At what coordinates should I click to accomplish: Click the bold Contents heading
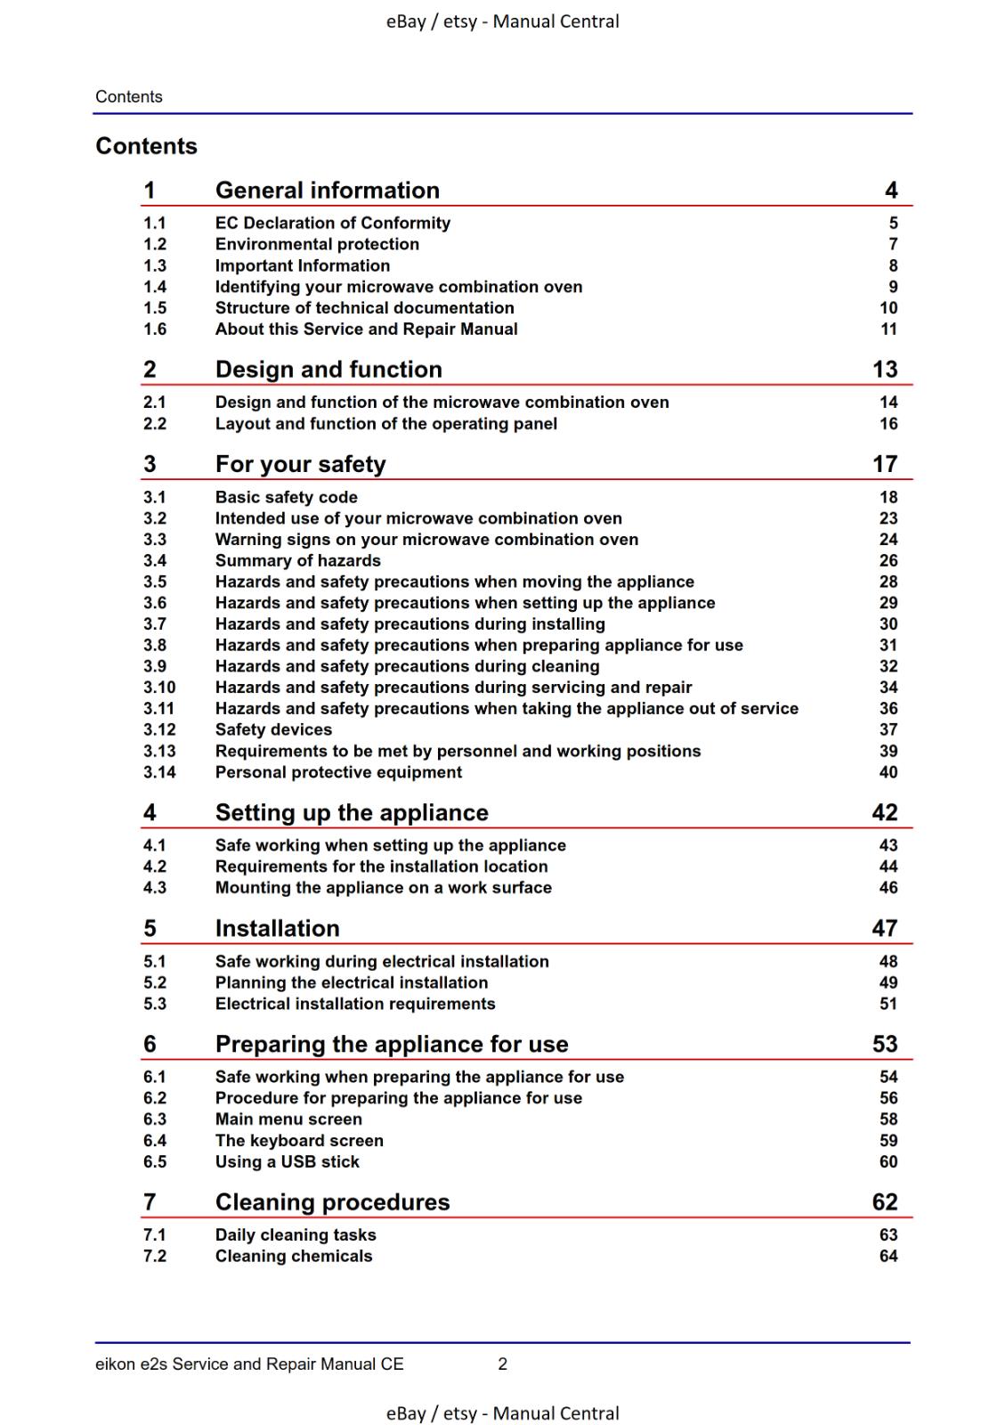pos(146,146)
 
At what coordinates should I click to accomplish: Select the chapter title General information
pos(327,191)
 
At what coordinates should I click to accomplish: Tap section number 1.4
pos(155,287)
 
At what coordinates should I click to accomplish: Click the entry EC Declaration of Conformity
pos(332,223)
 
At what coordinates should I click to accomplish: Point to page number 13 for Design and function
pos(884,370)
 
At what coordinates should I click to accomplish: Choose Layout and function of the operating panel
pos(385,424)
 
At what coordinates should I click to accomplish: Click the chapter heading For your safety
pos(300,464)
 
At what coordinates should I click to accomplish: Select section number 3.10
pos(159,688)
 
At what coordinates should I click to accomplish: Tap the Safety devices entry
pos(273,730)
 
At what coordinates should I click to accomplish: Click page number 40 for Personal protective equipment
pos(888,772)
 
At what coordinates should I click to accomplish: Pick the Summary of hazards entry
pos(297,560)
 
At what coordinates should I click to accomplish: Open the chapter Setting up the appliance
pos(352,812)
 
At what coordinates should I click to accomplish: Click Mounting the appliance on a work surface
pos(383,888)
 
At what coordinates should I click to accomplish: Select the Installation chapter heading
pos(277,928)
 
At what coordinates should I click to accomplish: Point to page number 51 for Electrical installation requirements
pos(888,1004)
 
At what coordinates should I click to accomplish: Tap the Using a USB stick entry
pos(287,1162)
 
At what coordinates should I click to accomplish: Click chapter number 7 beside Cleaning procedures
pos(150,1202)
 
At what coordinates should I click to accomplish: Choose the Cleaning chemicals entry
pos(294,1257)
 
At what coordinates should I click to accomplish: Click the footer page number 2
pos(502,1364)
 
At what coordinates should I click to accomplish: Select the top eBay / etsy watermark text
pos(502,21)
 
